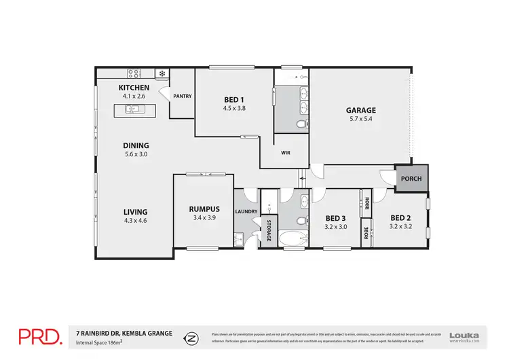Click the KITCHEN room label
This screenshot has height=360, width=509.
(x=134, y=88)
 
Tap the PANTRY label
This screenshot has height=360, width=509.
(x=183, y=96)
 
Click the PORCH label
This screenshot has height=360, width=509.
(x=411, y=179)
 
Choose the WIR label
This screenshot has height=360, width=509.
(x=286, y=153)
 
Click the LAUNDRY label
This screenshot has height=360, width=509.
(x=246, y=211)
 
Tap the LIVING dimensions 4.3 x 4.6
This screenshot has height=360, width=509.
(x=135, y=221)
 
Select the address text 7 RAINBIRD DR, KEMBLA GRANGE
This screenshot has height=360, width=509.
(x=124, y=332)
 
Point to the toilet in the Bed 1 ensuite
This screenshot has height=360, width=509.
(x=303, y=125)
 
